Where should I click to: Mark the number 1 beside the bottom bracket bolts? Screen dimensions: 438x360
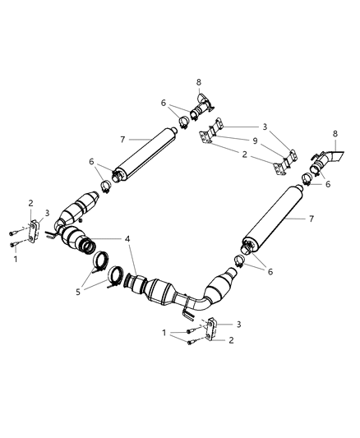click(165, 332)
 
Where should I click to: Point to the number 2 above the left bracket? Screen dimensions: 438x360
click(31, 202)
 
